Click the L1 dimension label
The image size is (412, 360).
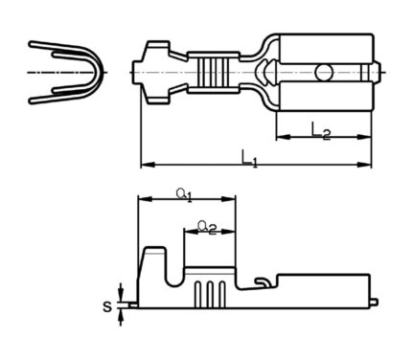pyautogui.click(x=249, y=159)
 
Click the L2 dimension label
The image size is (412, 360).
pyautogui.click(x=320, y=131)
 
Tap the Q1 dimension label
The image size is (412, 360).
pyautogui.click(x=184, y=194)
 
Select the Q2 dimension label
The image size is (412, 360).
pyautogui.click(x=207, y=227)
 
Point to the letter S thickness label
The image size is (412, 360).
pyautogui.click(x=107, y=307)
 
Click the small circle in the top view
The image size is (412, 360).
pyautogui.click(x=324, y=73)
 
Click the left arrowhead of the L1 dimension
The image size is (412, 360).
pyautogui.click(x=148, y=165)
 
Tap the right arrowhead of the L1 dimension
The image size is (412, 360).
pyautogui.click(x=364, y=165)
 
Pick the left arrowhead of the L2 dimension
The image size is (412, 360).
pyautogui.click(x=284, y=137)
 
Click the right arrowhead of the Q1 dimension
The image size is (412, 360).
pyautogui.click(x=228, y=199)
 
